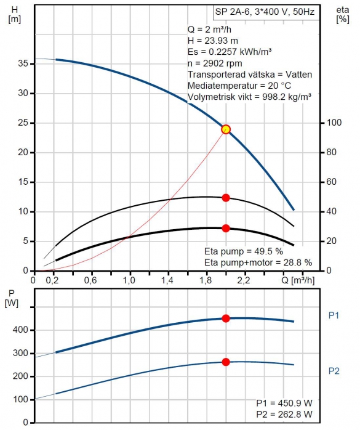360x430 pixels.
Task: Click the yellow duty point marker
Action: pyautogui.click(x=226, y=129)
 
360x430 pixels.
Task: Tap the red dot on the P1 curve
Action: pyautogui.click(x=226, y=318)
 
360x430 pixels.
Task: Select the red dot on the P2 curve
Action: pyautogui.click(x=226, y=362)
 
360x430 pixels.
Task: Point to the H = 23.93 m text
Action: pyautogui.click(x=213, y=41)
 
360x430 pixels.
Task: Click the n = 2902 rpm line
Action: pyautogui.click(x=215, y=63)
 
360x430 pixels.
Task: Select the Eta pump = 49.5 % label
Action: pyautogui.click(x=244, y=251)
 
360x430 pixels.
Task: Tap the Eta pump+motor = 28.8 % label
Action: pyautogui.click(x=258, y=262)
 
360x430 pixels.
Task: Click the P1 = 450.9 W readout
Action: pyautogui.click(x=284, y=403)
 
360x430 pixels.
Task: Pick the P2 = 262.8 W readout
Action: pyautogui.click(x=284, y=414)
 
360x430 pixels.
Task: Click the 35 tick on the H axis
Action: pyautogui.click(x=23, y=63)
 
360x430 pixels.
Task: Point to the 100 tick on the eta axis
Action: pyautogui.click(x=334, y=123)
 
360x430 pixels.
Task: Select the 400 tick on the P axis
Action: pyautogui.click(x=20, y=330)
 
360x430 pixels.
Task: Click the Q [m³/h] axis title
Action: pyautogui.click(x=298, y=280)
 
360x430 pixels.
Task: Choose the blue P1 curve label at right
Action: pyautogui.click(x=334, y=315)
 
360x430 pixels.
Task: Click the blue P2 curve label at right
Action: pyautogui.click(x=334, y=371)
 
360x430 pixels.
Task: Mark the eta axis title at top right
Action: pyautogui.click(x=343, y=15)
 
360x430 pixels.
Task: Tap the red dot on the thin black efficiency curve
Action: pyautogui.click(x=226, y=198)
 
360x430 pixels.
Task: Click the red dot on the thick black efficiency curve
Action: pyautogui.click(x=226, y=228)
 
